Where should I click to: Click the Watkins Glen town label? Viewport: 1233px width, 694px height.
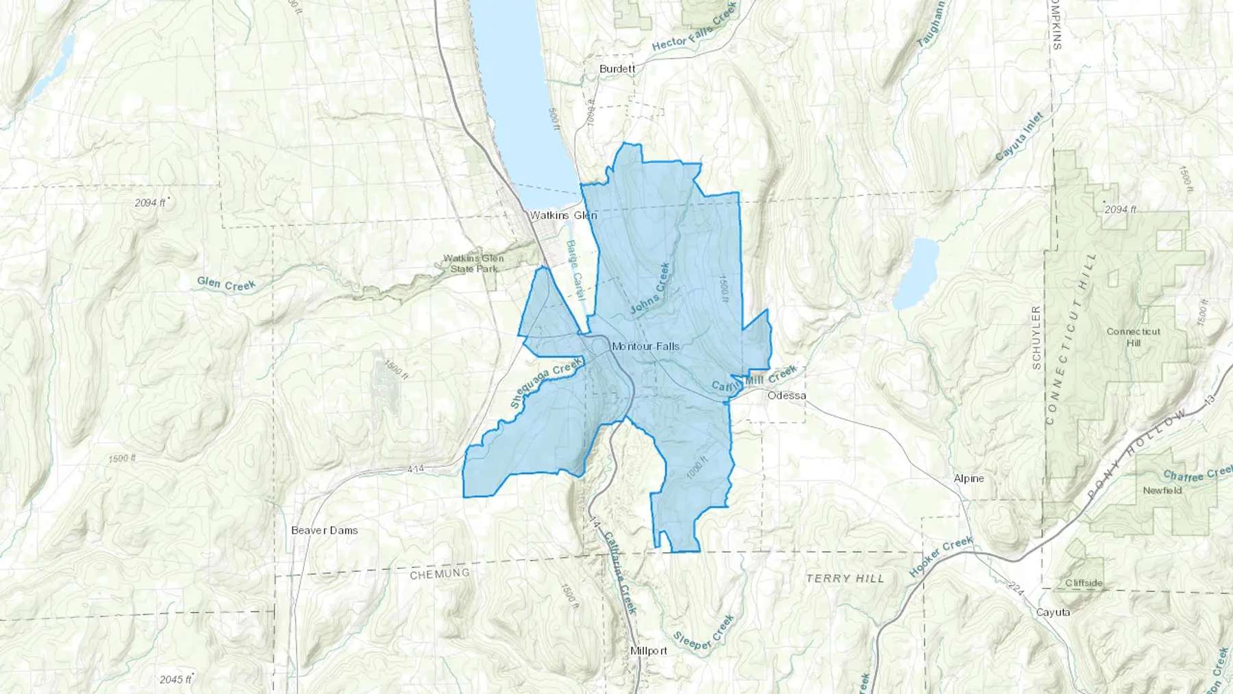[x=563, y=215]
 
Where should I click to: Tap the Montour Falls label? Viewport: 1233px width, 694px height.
[x=645, y=346]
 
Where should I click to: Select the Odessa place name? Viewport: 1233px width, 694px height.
[x=786, y=396]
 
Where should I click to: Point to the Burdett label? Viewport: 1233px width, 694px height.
[x=616, y=69]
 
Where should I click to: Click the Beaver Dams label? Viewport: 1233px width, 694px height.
[x=324, y=530]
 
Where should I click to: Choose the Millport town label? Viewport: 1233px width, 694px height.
[x=648, y=650]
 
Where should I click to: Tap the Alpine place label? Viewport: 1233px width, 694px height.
[x=969, y=478]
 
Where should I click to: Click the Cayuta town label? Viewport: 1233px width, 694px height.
[x=1053, y=612]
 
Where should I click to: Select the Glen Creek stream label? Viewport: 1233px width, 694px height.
[x=226, y=284]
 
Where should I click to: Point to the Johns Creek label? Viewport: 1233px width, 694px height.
[x=649, y=289]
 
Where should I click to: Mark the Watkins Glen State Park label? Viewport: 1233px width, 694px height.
[x=473, y=263]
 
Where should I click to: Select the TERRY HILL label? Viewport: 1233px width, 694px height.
[x=845, y=578]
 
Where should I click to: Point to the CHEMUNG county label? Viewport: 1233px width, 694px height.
[x=440, y=573]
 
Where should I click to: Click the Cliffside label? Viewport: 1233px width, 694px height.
[x=1084, y=583]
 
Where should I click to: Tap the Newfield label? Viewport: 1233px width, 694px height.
[x=1162, y=491]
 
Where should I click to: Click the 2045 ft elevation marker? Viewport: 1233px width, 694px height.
[x=175, y=679]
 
